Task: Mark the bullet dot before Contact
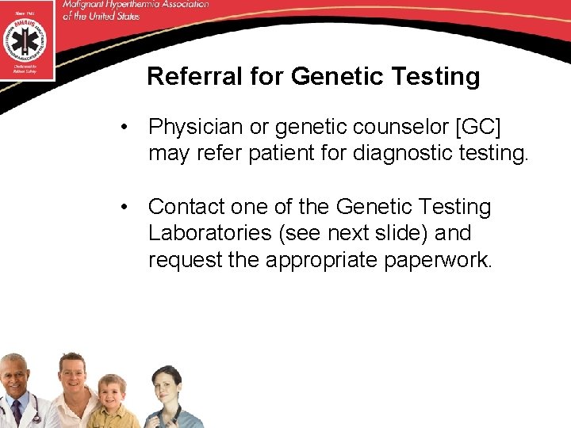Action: pyautogui.click(x=125, y=208)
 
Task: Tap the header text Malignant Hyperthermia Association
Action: pyautogui.click(x=134, y=5)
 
